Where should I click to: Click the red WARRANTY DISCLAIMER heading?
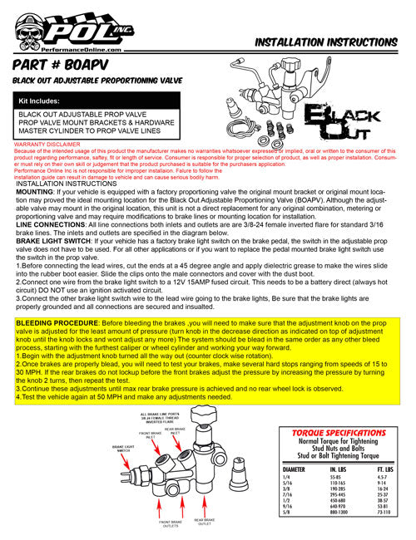coord(47,145)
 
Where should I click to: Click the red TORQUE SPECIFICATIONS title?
coord(339,434)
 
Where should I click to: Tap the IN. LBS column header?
coord(340,469)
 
